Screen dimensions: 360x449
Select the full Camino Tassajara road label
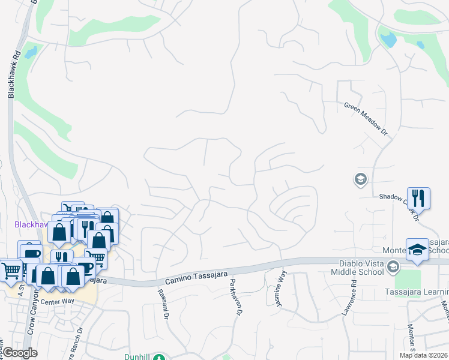pos(196,277)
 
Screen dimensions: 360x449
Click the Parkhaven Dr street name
pos(234,298)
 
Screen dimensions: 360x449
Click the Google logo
pos(20,353)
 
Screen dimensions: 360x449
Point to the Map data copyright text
pos(424,355)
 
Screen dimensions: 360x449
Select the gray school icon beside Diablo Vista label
pos(393,266)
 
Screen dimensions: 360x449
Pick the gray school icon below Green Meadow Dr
pos(360,179)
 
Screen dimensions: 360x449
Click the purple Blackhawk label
pos(30,224)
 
